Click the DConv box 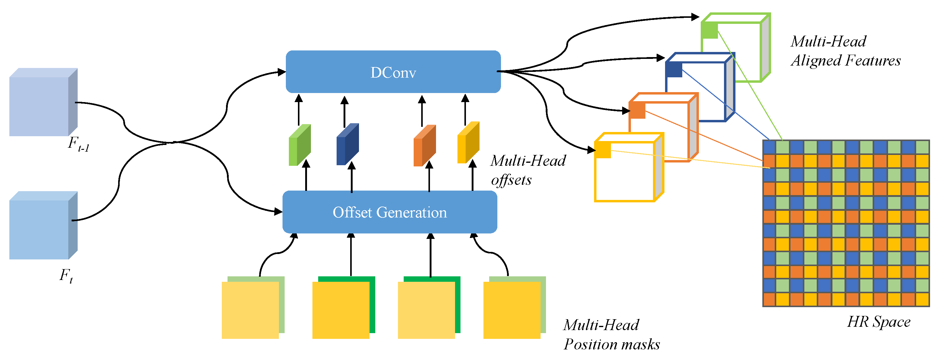393,72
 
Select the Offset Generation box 390,212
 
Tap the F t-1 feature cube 43,102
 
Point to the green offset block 300,145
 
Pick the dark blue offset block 348,144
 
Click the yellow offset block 468,143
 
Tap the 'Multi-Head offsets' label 528,170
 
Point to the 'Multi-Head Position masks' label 612,335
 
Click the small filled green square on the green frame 710,30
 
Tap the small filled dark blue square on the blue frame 674,69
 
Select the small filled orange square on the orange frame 637,110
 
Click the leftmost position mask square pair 253,308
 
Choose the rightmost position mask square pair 515,308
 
